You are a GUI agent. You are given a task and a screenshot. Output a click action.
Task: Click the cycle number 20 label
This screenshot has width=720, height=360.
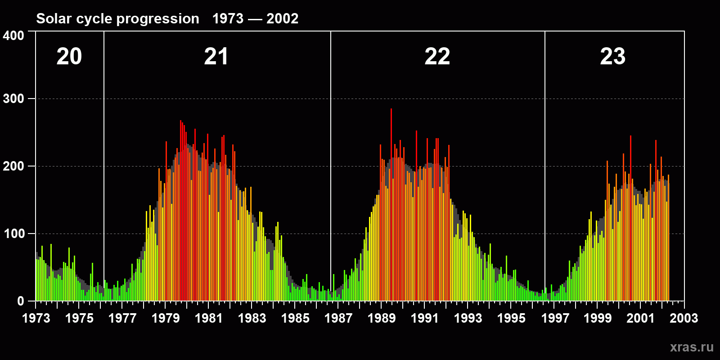[69, 57]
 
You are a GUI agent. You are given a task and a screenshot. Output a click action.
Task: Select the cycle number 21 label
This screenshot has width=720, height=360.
[216, 57]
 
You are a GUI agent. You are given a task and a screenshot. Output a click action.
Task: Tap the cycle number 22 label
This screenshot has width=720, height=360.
[437, 57]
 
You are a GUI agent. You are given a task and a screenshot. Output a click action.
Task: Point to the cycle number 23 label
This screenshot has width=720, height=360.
[612, 57]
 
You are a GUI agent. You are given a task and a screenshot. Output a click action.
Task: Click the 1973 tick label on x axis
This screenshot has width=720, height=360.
[36, 318]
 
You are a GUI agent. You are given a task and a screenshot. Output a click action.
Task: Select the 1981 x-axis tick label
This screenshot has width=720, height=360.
[209, 318]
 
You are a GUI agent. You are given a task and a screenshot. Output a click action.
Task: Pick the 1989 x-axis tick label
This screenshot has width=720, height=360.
[382, 318]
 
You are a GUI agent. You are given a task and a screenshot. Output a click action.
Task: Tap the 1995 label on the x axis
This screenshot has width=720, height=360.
[511, 318]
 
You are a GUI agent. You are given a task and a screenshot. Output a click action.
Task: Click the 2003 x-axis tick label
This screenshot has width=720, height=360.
[684, 318]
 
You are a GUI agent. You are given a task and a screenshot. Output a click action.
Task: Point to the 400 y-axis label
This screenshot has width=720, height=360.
[13, 36]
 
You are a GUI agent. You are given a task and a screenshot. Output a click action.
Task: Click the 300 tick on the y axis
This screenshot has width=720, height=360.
[13, 99]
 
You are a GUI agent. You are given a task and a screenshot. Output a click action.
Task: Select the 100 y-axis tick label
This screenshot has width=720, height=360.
[13, 234]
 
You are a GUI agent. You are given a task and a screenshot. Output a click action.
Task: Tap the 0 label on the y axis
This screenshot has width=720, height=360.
[21, 301]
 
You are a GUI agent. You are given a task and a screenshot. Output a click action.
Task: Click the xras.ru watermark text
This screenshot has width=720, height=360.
[692, 347]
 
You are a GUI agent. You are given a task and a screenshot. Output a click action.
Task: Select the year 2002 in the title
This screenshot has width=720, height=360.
[282, 18]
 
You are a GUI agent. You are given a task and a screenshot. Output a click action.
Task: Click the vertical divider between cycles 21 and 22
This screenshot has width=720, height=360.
[331, 166]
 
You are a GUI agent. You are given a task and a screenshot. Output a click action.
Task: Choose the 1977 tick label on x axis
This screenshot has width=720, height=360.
[122, 318]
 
